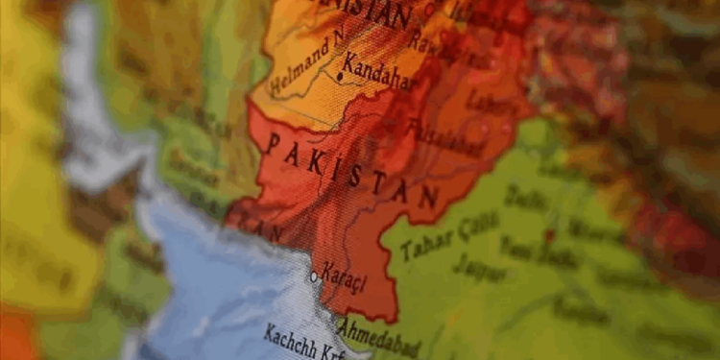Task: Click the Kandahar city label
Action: coord(382,74)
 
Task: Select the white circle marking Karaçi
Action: coord(314,276)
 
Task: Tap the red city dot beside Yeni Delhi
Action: coord(551,233)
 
